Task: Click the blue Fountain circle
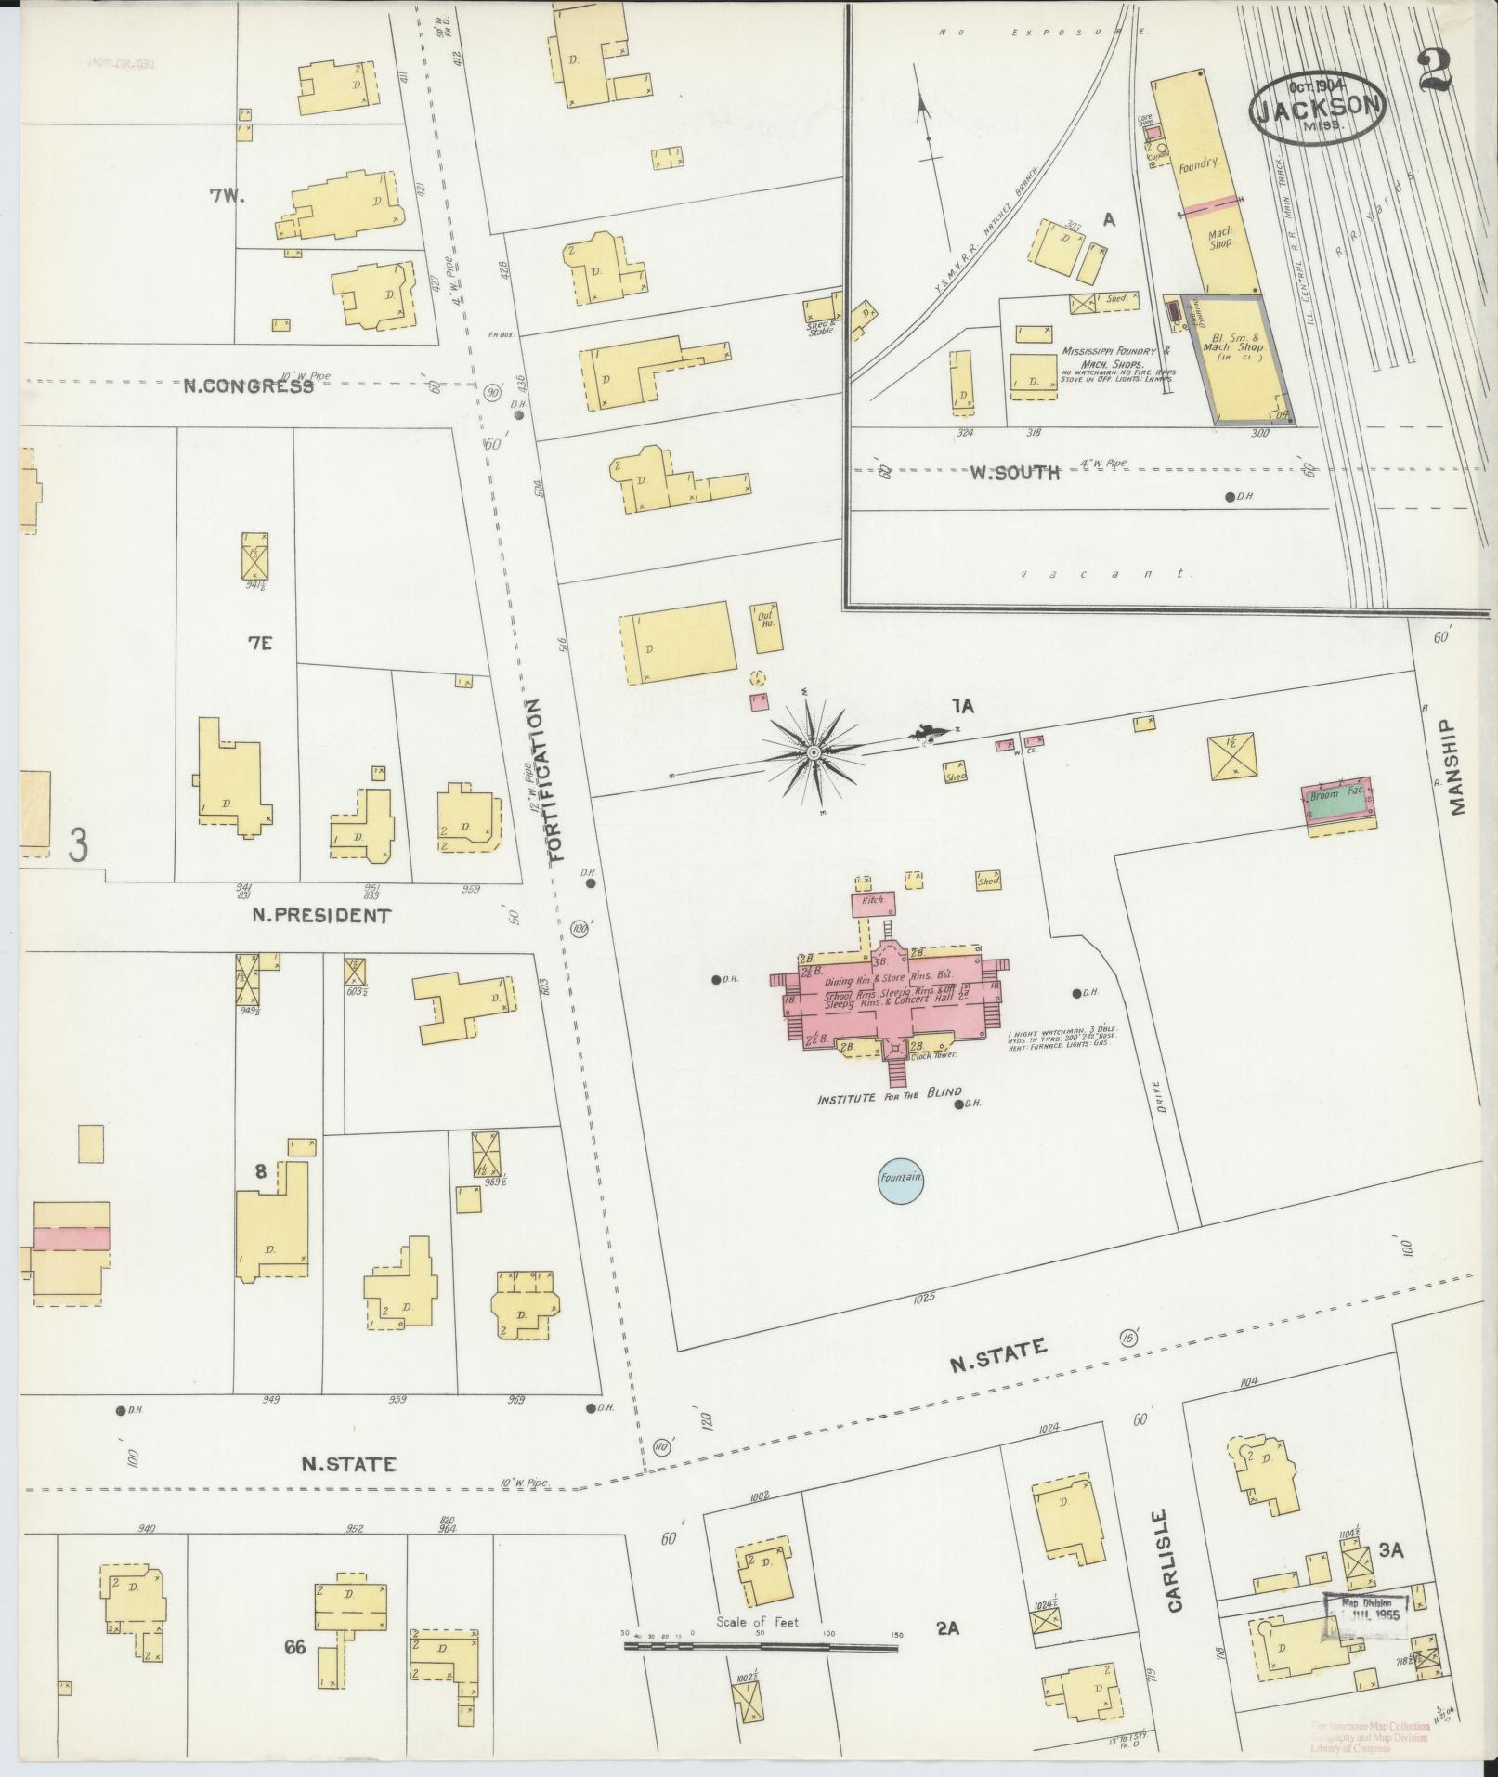pyautogui.click(x=901, y=1178)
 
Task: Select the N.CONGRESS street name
pyautogui.click(x=247, y=386)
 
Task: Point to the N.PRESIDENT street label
pyautogui.click(x=321, y=916)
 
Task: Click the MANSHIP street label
pyautogui.click(x=1455, y=766)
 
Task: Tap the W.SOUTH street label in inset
pyautogui.click(x=1015, y=473)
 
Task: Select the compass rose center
pyautogui.click(x=813, y=751)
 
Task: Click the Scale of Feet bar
pyautogui.click(x=761, y=1646)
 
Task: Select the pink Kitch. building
pyautogui.click(x=872, y=901)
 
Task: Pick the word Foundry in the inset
pyautogui.click(x=1197, y=164)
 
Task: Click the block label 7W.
pyautogui.click(x=226, y=196)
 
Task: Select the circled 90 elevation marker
pyautogui.click(x=491, y=393)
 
